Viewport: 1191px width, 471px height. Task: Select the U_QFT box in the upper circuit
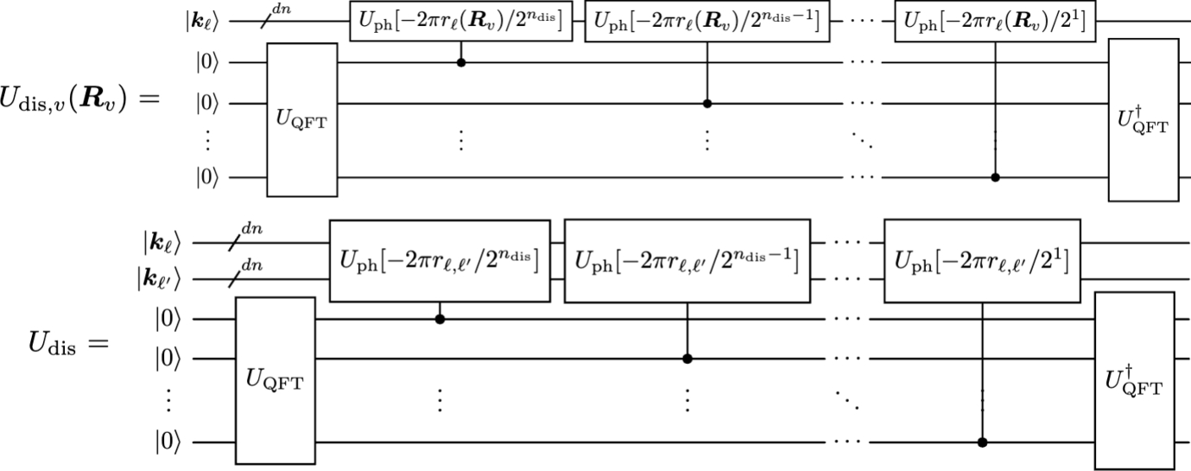click(301, 123)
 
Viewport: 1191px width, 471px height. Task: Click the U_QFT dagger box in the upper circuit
click(1143, 120)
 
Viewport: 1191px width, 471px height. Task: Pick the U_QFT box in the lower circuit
click(276, 380)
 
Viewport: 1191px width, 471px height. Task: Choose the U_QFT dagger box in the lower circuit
click(1134, 380)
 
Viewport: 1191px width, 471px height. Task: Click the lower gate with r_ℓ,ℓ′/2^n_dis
click(439, 260)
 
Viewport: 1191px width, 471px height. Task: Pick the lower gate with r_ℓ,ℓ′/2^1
click(982, 260)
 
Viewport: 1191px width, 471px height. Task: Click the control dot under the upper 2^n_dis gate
click(461, 63)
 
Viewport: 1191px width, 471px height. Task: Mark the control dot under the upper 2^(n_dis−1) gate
click(707, 104)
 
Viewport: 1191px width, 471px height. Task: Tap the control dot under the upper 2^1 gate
click(995, 178)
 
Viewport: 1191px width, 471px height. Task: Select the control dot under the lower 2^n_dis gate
click(440, 319)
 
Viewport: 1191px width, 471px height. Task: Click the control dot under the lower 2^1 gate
click(982, 442)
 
